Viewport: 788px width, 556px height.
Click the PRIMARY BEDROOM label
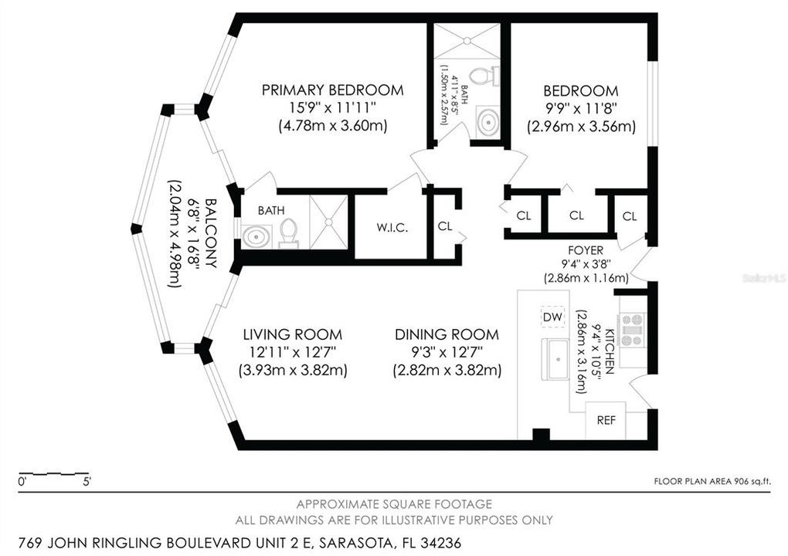332,90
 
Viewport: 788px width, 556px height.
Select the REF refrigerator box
606,421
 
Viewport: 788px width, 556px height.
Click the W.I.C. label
392,228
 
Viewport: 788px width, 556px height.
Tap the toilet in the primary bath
289,231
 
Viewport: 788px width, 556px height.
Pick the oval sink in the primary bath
255,236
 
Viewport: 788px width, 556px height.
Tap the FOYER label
585,250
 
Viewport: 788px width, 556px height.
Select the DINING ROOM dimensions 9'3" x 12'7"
447,352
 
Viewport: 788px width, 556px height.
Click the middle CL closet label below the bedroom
576,215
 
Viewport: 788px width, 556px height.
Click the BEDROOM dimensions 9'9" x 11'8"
581,108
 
